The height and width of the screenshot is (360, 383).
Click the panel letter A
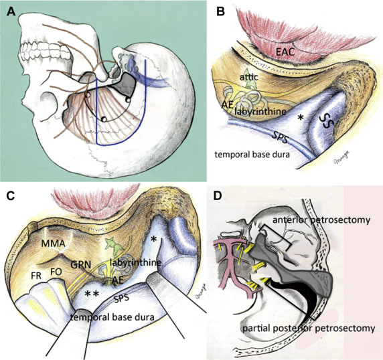click(11, 11)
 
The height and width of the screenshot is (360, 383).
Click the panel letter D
click(218, 196)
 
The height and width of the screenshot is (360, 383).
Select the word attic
click(248, 77)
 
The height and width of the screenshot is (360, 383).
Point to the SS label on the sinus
click(327, 121)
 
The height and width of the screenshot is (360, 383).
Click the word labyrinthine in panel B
click(260, 112)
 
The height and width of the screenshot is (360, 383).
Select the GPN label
click(81, 264)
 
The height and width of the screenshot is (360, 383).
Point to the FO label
click(56, 272)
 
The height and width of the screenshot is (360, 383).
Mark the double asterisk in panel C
click(92, 294)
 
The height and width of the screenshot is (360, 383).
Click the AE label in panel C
click(117, 280)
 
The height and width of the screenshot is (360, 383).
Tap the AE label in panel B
click(227, 104)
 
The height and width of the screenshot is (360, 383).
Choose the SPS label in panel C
click(121, 298)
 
